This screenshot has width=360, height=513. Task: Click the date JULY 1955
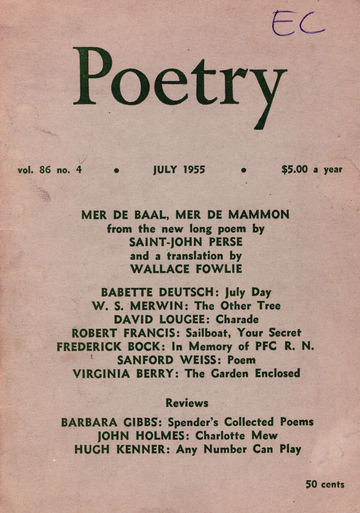click(179, 170)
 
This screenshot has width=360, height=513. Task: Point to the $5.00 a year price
click(312, 170)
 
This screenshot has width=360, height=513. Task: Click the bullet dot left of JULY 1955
click(116, 171)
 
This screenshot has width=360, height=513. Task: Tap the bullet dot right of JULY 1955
click(243, 171)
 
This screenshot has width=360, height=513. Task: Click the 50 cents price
click(326, 484)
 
